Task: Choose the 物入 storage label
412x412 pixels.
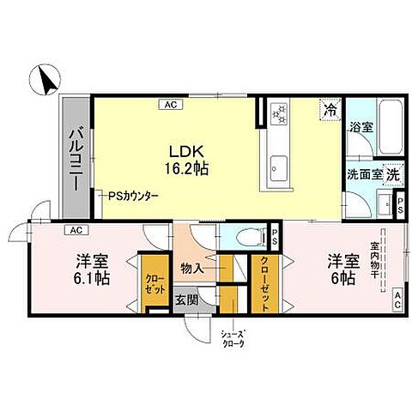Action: (x=191, y=269)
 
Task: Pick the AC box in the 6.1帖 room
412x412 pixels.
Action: (x=76, y=230)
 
